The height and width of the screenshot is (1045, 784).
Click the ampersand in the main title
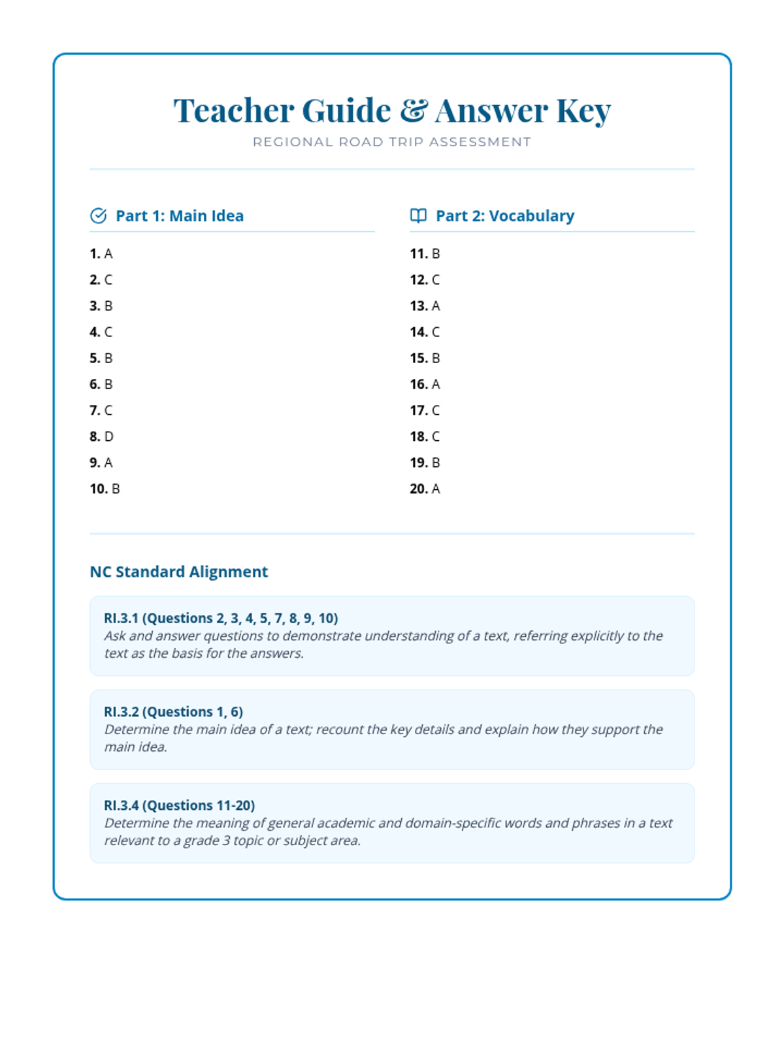click(x=414, y=110)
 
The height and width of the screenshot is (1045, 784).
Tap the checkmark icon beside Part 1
click(x=98, y=216)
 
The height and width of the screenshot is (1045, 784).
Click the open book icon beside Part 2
click(x=418, y=216)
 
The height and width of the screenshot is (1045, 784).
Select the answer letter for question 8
click(x=108, y=436)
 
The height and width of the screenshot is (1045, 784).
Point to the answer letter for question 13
click(x=436, y=306)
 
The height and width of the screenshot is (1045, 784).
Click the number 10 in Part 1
click(x=99, y=489)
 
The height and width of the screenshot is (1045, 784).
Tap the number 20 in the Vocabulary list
click(x=419, y=489)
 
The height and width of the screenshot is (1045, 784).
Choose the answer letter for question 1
click(x=108, y=253)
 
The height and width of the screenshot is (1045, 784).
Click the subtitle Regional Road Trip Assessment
click(x=392, y=142)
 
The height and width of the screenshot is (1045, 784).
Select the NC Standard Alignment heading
click(x=178, y=571)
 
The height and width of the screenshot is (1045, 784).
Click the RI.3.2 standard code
click(x=121, y=711)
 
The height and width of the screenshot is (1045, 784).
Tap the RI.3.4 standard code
click(x=121, y=805)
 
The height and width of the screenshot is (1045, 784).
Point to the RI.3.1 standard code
click(x=121, y=618)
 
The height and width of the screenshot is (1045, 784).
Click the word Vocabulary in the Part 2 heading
click(x=531, y=216)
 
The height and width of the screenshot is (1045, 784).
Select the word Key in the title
click(x=583, y=110)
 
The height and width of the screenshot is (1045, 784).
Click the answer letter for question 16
click(x=436, y=384)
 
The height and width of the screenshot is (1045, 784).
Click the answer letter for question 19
click(x=436, y=462)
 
